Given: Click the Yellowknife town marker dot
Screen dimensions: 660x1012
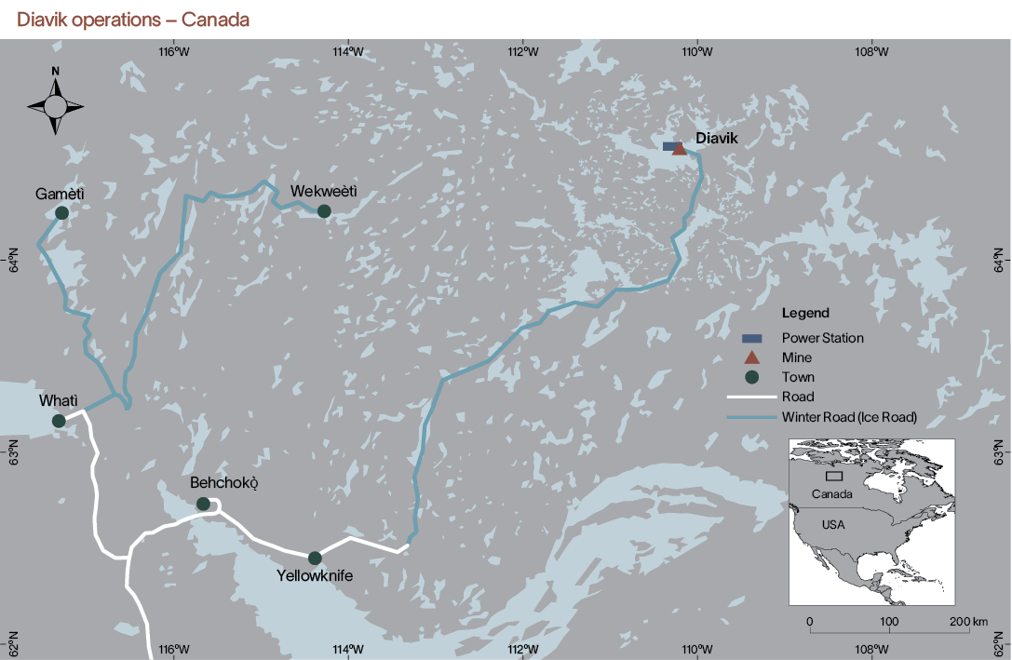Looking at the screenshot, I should [315, 558].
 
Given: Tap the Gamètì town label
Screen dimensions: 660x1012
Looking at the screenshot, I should [60, 194].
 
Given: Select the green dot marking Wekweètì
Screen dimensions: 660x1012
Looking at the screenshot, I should [324, 211].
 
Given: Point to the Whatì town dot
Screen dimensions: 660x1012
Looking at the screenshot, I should [59, 421].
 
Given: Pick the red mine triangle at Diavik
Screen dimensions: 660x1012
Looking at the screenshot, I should [680, 149].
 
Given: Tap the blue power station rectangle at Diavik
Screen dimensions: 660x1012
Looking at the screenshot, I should [669, 146].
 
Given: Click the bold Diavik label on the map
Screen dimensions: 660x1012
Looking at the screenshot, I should [716, 138].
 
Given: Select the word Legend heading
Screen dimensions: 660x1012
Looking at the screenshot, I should [805, 313].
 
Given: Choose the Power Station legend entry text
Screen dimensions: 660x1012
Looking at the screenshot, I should [823, 338].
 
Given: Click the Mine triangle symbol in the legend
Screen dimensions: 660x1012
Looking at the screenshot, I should [753, 357].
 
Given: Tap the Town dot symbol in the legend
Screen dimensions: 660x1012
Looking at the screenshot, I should [753, 377].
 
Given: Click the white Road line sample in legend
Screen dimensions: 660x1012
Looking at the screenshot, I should [753, 397].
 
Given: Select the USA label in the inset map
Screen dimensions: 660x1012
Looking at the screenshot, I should [833, 524].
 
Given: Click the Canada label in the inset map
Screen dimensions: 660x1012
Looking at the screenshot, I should [830, 493].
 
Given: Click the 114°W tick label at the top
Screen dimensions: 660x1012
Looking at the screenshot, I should [348, 52].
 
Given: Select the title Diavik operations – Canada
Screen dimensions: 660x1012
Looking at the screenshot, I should [133, 19].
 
